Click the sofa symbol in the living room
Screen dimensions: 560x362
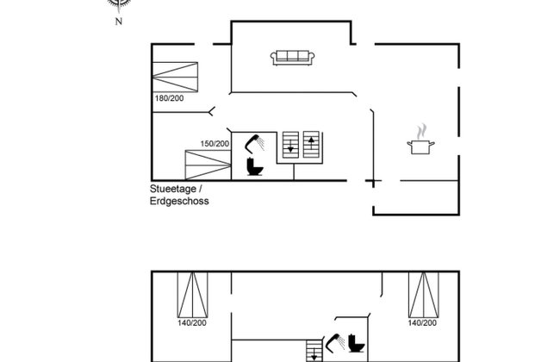coord(293,58)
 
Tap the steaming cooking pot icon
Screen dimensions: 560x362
coord(420,140)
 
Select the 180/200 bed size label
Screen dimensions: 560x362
coord(169,98)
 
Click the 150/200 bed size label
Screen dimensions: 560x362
coord(215,144)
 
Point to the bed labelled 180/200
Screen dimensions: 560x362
coord(175,77)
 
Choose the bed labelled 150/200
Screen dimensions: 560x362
coord(208,165)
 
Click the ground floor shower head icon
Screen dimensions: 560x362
coord(254,143)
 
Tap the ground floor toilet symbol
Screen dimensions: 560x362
coord(255,167)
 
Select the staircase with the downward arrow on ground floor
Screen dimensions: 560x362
coord(290,145)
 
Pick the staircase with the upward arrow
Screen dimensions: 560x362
coord(311,145)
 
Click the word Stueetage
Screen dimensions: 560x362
coord(173,189)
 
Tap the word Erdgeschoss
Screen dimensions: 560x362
coord(179,201)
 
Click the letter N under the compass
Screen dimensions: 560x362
coord(119,22)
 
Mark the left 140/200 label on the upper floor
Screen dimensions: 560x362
coord(192,323)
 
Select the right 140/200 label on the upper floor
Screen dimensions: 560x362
coord(422,323)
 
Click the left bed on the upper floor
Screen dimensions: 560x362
coord(192,295)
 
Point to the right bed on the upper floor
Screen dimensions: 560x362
coord(424,295)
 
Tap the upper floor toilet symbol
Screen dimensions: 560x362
coord(357,343)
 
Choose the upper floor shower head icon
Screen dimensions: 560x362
coord(335,343)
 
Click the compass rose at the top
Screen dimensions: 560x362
coord(119,3)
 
